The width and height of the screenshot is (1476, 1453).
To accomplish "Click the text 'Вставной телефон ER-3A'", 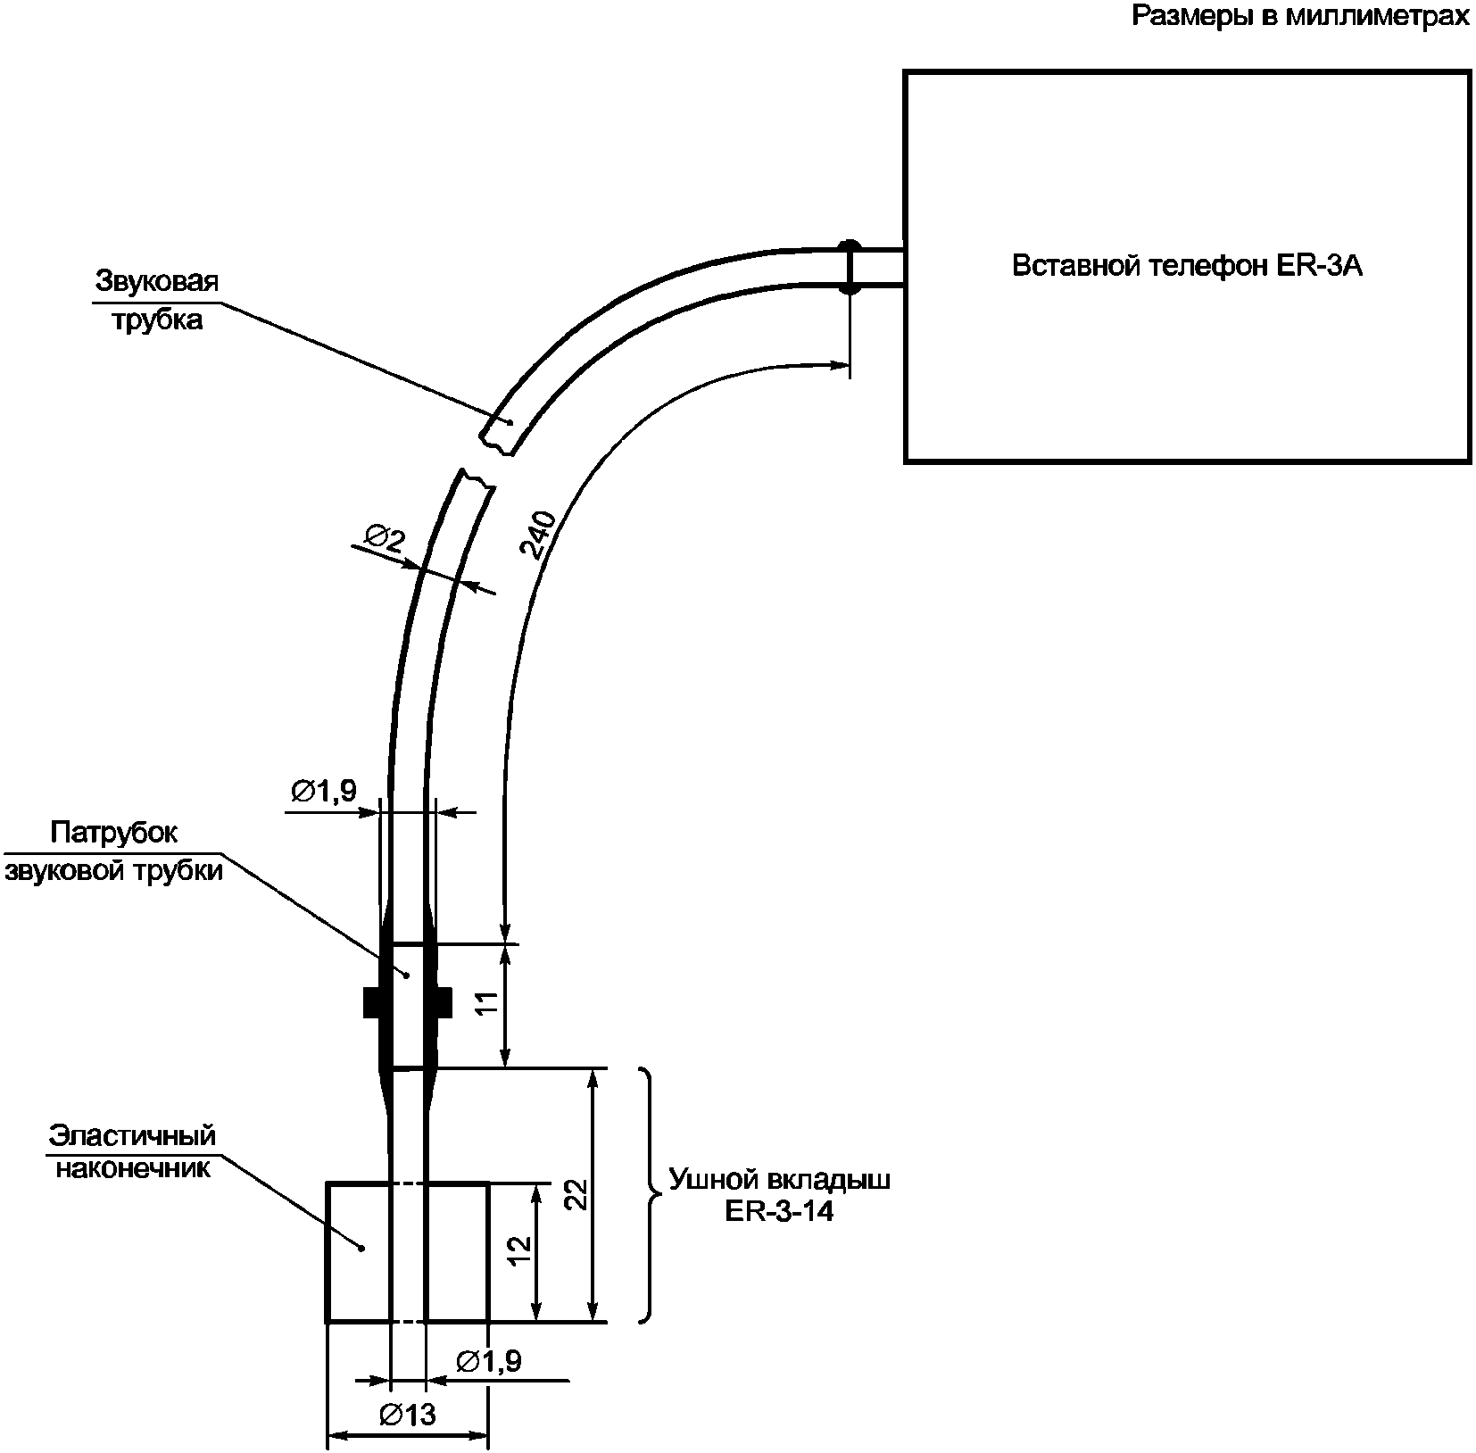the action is pos(1188,266).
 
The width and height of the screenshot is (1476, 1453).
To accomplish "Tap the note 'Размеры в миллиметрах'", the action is pos(1300,16).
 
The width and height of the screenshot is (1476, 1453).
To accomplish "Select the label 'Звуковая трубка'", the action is pos(157,300).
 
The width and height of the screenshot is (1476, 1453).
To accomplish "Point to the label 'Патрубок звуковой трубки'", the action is pos(114,851).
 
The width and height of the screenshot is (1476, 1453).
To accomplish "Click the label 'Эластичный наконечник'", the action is pos(133,1150).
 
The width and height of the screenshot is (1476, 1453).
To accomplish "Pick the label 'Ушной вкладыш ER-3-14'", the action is pos(779,1195).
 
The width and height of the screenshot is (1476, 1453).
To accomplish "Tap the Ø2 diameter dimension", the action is pos(386,538).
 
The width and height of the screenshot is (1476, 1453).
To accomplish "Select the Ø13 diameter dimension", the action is pos(407,1414).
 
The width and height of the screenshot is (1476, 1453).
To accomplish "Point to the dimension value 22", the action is pos(576,1194).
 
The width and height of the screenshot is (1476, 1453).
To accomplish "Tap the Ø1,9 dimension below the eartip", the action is pos(488,1360).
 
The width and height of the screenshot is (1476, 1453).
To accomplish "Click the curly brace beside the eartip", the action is pos(650,1194).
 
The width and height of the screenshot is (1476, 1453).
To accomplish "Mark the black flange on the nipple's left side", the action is pos(372,1002).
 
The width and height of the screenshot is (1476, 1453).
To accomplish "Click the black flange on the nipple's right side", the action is pos(443,1002).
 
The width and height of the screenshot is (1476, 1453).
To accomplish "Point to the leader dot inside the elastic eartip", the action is pos(361,1248).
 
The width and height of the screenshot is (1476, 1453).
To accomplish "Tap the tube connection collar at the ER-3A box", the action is pos(850,267).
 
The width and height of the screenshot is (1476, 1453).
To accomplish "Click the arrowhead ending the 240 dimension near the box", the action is pos(839,364).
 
